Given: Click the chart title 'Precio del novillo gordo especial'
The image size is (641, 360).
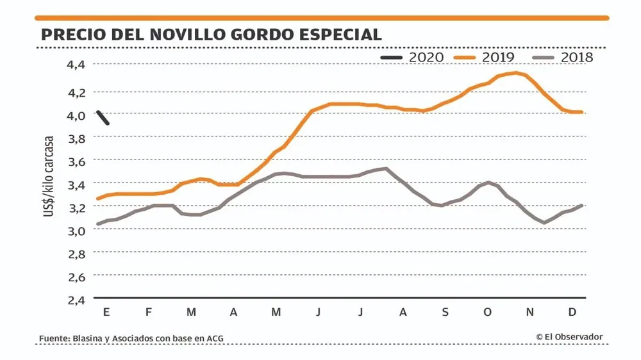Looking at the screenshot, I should coord(211,34).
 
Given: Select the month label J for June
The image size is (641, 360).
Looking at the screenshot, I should coord(319,312).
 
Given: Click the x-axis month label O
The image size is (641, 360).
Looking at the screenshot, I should coord(488,312).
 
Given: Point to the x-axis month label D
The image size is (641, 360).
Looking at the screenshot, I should coord(573,312).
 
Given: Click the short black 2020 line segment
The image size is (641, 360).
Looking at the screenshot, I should coord(103,117).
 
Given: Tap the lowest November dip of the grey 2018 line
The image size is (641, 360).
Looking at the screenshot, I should coord(544,223).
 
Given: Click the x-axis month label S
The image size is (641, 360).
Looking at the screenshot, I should coord(445,312).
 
